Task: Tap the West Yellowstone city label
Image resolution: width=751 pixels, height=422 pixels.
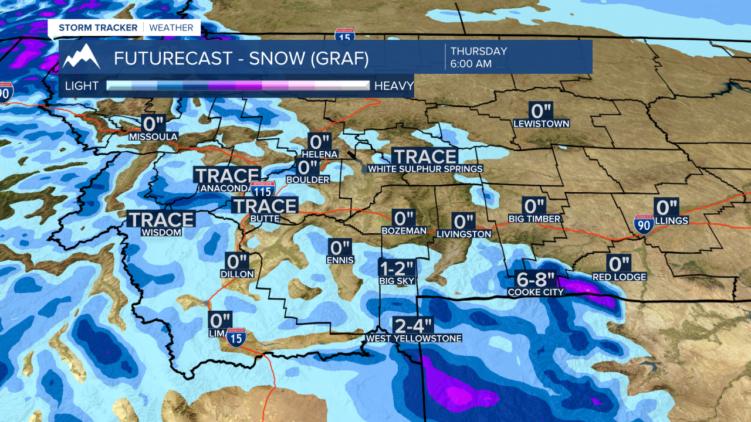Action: point(413,338)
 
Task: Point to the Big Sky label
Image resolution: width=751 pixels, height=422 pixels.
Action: point(397,281)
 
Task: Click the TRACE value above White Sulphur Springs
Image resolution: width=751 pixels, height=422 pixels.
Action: point(425,156)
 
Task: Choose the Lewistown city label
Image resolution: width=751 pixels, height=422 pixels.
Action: point(541,124)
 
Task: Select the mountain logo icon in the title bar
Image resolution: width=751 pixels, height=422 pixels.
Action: point(82,57)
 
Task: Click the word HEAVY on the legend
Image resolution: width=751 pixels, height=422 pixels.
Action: point(394,86)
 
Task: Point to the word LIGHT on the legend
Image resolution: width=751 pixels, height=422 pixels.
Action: point(82,86)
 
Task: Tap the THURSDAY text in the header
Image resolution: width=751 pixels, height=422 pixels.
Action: point(479,51)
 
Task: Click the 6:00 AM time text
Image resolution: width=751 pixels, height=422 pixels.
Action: point(471,64)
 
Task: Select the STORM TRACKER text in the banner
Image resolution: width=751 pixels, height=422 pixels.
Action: point(98,28)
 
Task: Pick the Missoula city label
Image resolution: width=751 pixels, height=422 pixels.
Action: point(153,137)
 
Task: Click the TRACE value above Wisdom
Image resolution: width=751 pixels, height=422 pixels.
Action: point(161,220)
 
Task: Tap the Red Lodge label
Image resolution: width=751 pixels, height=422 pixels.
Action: point(619,277)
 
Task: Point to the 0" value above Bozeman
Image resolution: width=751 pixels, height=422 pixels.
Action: point(404,219)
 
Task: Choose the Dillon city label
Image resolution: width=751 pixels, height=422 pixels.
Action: point(237,274)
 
